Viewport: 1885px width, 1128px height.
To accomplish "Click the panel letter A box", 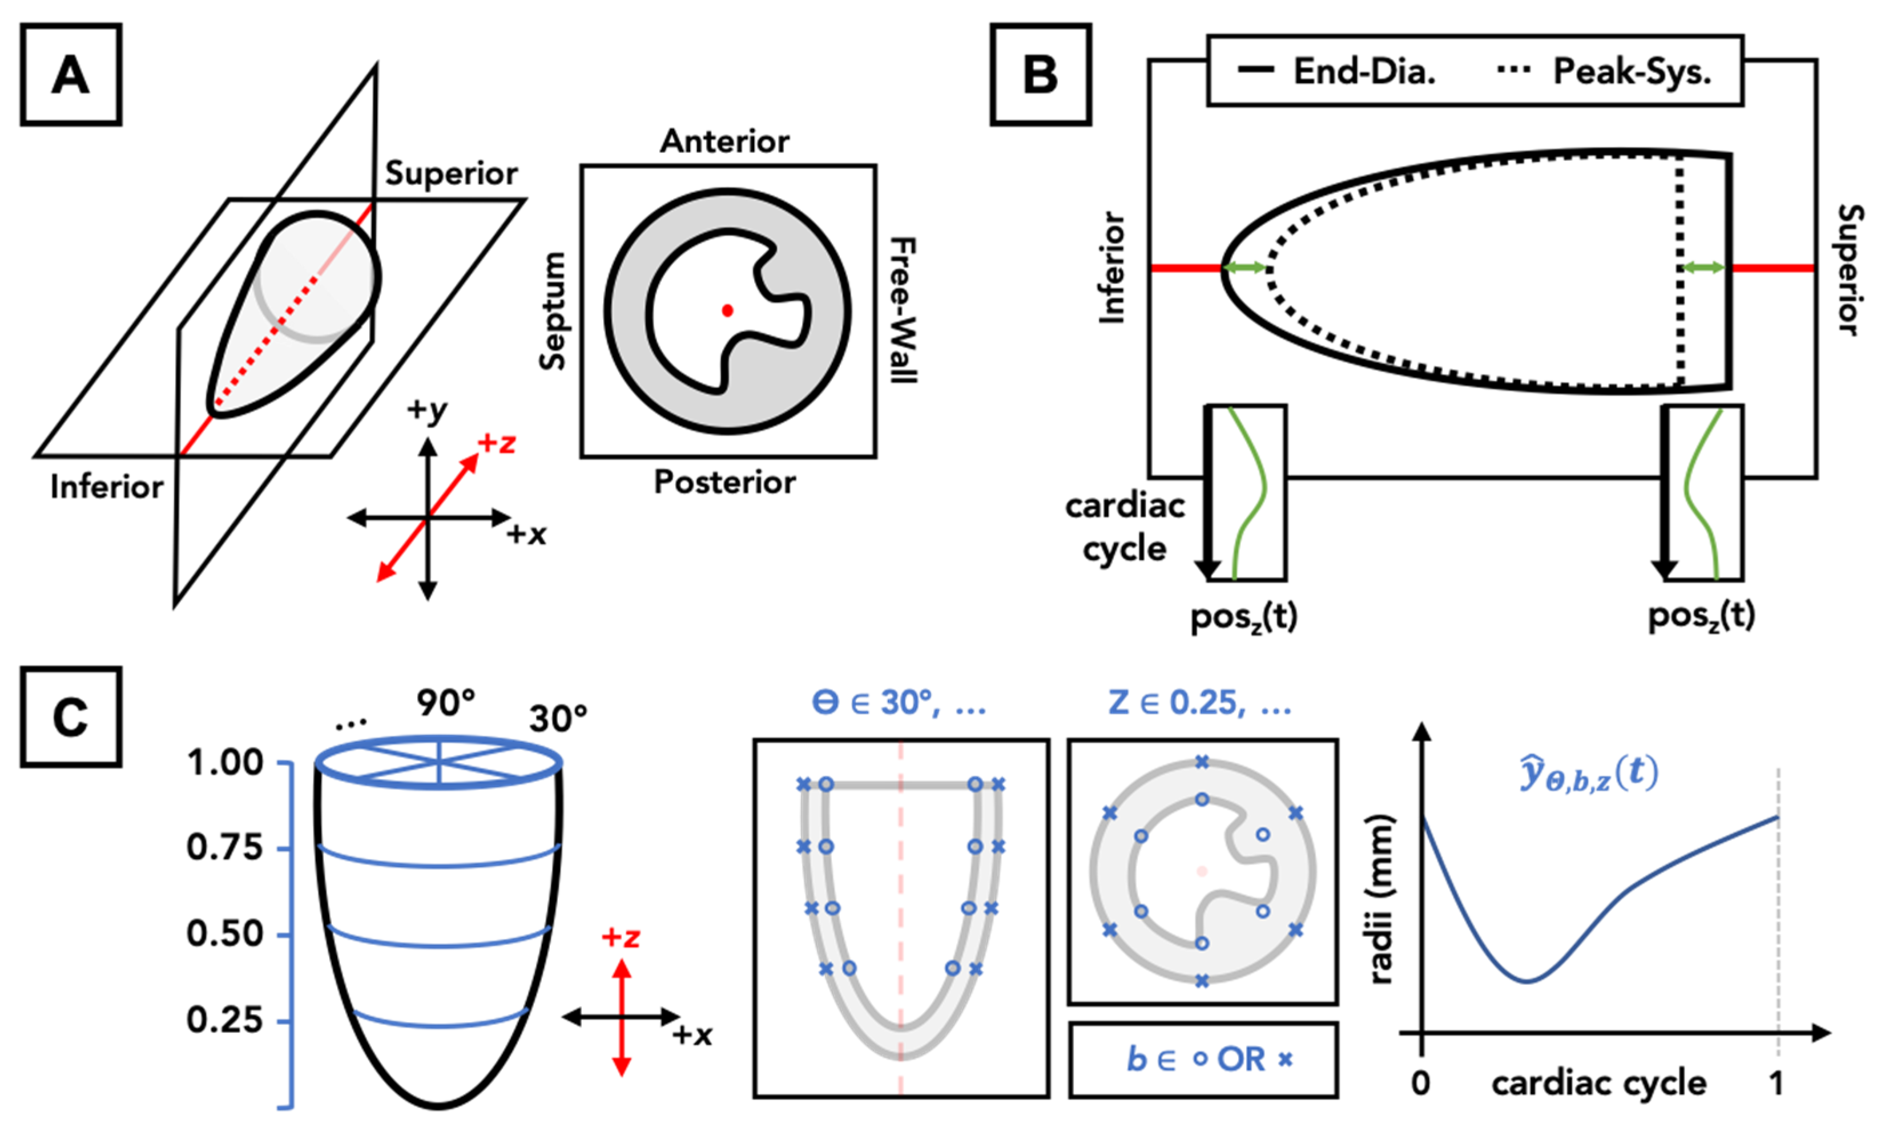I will [x=71, y=75].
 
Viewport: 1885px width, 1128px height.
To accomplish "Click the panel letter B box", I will [x=1040, y=75].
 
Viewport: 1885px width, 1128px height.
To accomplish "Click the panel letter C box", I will [x=71, y=716].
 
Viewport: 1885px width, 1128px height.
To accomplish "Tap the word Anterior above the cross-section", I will [x=724, y=141].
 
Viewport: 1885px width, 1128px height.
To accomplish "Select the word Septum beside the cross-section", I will [x=553, y=311].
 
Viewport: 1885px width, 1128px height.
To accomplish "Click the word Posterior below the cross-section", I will [x=724, y=482].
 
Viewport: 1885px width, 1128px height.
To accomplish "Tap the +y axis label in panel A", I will [x=428, y=411].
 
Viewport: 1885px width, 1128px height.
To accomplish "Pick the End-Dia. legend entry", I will [x=1338, y=71].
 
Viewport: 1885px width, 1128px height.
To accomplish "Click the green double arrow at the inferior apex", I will [x=1244, y=268].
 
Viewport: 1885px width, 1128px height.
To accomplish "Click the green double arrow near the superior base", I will [x=1703, y=268].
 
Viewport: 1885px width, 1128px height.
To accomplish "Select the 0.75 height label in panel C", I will [x=224, y=847].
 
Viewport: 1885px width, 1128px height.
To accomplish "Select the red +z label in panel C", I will [x=621, y=937].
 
